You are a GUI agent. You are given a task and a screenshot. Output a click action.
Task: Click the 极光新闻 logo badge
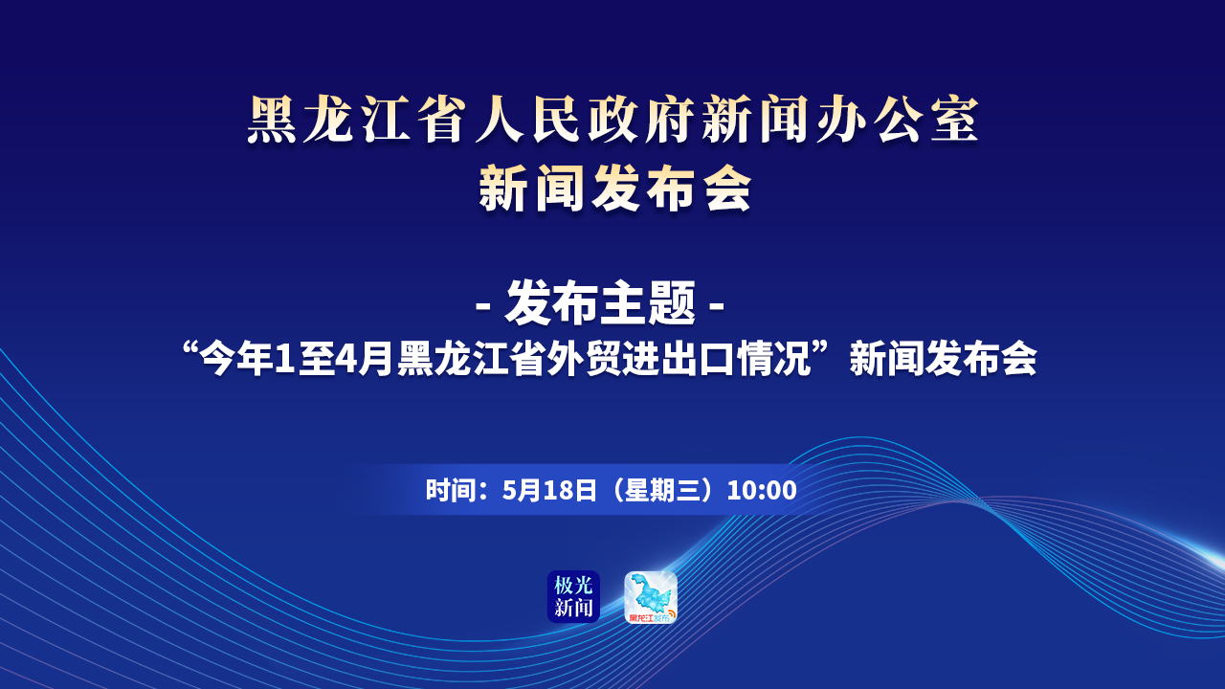(x=573, y=596)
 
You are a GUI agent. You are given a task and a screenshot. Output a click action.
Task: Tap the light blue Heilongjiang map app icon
(x=651, y=597)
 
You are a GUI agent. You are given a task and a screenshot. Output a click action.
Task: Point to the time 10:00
(x=762, y=490)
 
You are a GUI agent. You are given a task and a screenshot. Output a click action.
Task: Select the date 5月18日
(x=549, y=490)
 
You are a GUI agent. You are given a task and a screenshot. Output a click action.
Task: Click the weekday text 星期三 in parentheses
(x=662, y=490)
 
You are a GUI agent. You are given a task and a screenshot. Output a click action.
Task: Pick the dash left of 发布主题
(x=482, y=305)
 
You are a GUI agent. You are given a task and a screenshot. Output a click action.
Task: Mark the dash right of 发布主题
(x=717, y=305)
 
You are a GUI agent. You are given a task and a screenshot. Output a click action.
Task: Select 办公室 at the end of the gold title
(x=897, y=120)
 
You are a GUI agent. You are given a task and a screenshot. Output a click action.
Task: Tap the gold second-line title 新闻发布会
(x=615, y=189)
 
